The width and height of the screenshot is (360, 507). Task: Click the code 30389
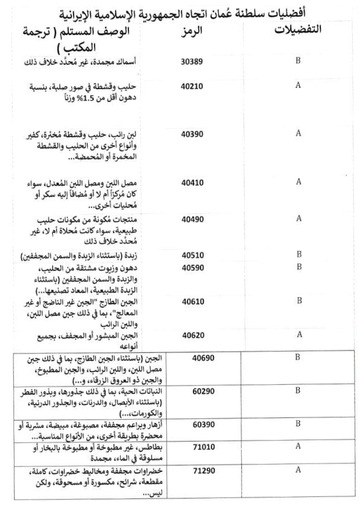coord(192,62)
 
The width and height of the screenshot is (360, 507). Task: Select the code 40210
coord(192,86)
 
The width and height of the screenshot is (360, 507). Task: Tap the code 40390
coord(192,134)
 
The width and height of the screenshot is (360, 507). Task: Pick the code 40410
coord(192,183)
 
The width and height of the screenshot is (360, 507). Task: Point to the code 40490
coord(192,219)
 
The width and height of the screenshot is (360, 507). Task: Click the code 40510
coord(193,255)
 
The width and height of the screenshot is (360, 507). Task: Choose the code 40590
coord(193,268)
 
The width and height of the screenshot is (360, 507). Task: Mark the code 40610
coord(193,301)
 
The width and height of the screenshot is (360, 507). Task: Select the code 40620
coord(193,335)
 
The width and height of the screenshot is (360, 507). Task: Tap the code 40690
coord(203,358)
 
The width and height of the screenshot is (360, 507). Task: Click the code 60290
coord(203,392)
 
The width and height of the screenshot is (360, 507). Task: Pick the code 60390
coord(203,425)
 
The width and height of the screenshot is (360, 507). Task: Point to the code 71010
coord(203,447)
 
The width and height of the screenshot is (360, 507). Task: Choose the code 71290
coord(203,471)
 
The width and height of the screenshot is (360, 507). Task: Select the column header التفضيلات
coord(298,30)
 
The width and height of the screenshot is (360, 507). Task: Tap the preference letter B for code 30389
coord(298,60)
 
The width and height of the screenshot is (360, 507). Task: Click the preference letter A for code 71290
coord(298,470)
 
